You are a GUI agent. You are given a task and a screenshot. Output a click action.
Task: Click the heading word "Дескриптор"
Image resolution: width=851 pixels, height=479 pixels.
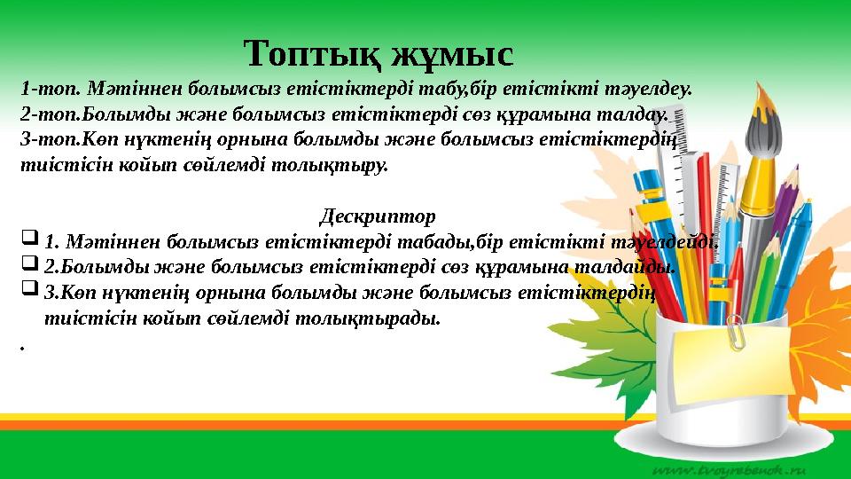(x=377, y=216)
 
